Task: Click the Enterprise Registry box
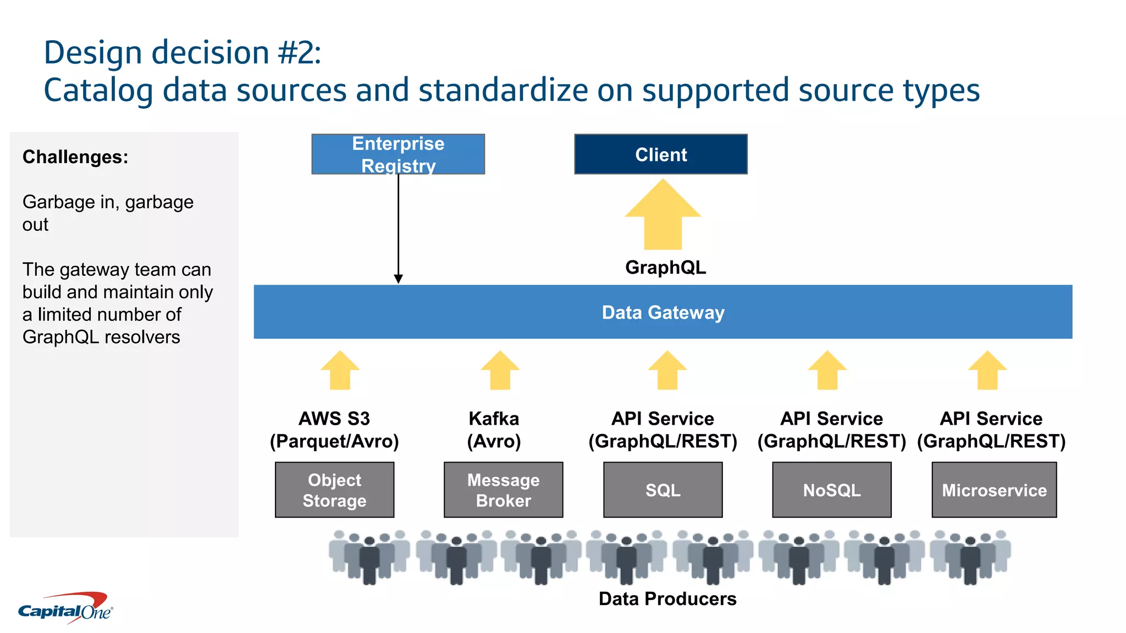pos(398,154)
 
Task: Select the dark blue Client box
pos(660,154)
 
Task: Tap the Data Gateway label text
pos(663,312)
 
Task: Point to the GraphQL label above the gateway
pos(665,268)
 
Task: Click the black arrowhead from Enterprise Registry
pos(398,279)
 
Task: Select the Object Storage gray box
pos(334,490)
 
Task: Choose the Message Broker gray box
pos(503,490)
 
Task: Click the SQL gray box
pos(663,490)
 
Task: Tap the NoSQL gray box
pos(831,490)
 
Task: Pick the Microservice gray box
pos(994,490)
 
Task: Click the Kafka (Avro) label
pos(494,430)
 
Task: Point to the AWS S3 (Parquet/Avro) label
pos(334,430)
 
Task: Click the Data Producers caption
pos(667,598)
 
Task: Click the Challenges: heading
pos(75,157)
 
